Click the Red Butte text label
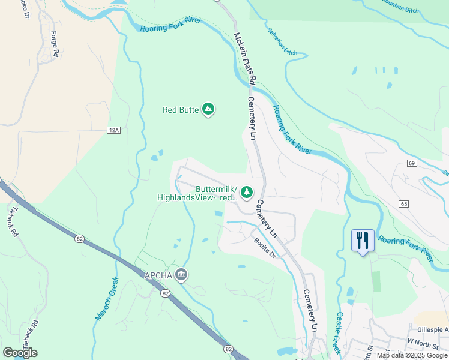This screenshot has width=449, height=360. pos(181,110)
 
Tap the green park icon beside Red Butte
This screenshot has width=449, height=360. pos(208,109)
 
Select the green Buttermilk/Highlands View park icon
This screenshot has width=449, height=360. pos(246,191)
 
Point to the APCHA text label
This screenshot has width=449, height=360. pos(158,275)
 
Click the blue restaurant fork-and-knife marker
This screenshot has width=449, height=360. pos(363,241)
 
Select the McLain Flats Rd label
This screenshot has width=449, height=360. pos(245,58)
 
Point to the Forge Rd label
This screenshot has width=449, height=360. pos(55,44)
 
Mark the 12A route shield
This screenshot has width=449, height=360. pos(114,130)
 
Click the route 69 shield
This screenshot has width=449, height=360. pos(411,163)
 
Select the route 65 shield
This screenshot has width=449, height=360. pos(403,204)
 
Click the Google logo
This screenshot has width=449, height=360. pos(20,353)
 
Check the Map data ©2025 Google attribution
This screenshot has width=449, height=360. pos(411,355)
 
